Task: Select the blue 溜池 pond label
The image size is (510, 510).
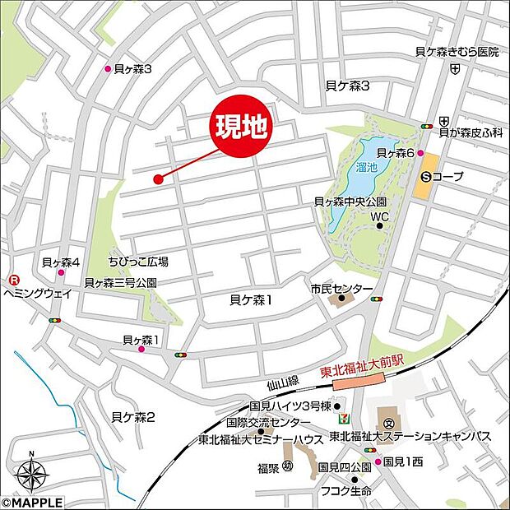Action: click(x=367, y=167)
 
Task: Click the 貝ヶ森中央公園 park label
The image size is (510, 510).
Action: click(x=350, y=202)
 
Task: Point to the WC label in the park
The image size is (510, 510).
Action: click(x=378, y=217)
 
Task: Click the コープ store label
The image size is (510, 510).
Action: click(x=448, y=176)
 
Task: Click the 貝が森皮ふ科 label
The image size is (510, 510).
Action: click(x=471, y=132)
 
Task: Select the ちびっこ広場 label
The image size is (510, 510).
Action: click(x=138, y=262)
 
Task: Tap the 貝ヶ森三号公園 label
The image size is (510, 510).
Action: click(x=120, y=282)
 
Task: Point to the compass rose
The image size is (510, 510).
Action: click(x=30, y=474)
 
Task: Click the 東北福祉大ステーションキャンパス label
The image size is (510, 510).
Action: click(x=410, y=436)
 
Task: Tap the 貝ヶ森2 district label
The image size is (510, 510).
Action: click(x=134, y=417)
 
